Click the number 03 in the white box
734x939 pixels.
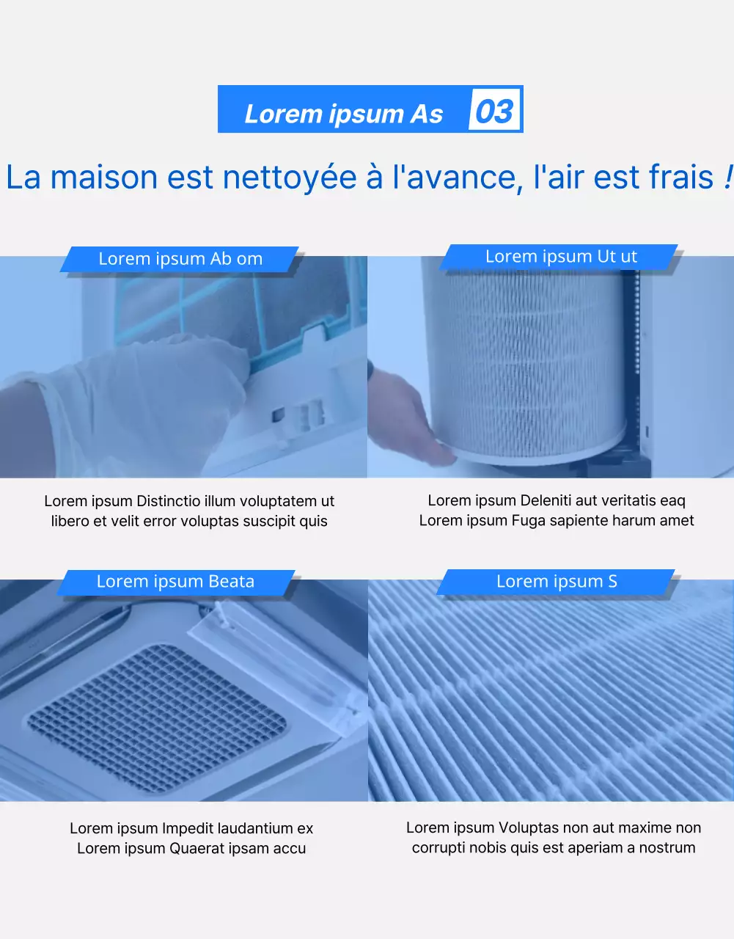[494, 112]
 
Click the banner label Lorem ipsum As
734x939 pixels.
[343, 114]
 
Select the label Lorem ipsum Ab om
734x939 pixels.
[180, 259]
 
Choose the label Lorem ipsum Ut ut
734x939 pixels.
[561, 257]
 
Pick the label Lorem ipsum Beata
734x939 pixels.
[175, 582]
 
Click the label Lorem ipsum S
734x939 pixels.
[557, 582]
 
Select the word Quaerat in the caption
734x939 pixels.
[197, 848]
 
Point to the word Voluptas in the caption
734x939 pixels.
[526, 827]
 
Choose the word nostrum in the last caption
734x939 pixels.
[667, 847]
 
